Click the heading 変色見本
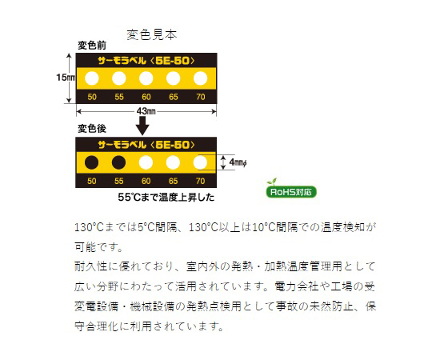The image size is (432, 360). [x=151, y=34]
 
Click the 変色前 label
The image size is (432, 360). [x=92, y=46]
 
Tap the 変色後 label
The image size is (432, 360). [x=92, y=129]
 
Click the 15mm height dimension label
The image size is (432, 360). [x=66, y=78]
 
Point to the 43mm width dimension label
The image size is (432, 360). [x=146, y=111]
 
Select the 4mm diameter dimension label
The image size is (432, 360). [x=238, y=162]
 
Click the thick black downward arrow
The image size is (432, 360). [x=142, y=126]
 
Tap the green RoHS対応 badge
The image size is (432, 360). [x=291, y=192]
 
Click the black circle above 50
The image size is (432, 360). [x=91, y=162]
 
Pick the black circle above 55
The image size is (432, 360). [x=118, y=162]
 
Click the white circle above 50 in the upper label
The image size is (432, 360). [x=92, y=78]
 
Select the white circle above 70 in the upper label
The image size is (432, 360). [x=200, y=78]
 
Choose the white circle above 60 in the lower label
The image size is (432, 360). [x=146, y=162]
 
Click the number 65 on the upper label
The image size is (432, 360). [x=174, y=97]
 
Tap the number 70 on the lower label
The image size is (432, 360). [x=200, y=181]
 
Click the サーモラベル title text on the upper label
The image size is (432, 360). [x=122, y=61]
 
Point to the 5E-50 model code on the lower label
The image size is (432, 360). [x=173, y=145]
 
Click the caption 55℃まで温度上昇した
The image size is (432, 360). [x=166, y=198]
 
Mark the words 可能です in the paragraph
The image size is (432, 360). [x=98, y=247]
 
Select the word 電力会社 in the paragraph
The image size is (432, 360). [x=296, y=286]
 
